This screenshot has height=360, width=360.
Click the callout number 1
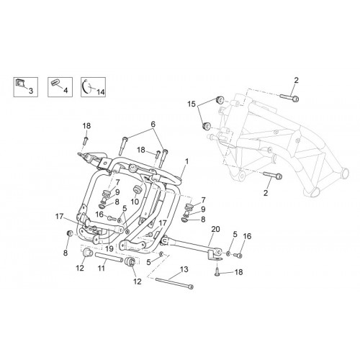click(x=186, y=162)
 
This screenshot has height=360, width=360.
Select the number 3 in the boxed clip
click(x=31, y=91)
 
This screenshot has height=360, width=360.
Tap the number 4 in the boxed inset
click(x=66, y=91)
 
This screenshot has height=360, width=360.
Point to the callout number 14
click(x=101, y=91)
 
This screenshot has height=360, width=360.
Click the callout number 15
click(x=192, y=104)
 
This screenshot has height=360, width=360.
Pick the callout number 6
click(x=153, y=124)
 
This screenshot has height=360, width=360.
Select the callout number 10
click(x=135, y=202)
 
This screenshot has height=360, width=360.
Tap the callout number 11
click(x=102, y=268)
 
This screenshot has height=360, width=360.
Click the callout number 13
click(x=184, y=269)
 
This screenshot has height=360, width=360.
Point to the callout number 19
click(x=109, y=249)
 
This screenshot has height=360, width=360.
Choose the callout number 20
click(x=215, y=229)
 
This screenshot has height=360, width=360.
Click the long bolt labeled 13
click(x=174, y=283)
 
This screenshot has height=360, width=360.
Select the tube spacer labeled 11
click(x=109, y=257)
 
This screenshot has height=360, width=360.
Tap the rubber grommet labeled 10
click(x=138, y=189)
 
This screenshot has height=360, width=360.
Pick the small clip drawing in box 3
click(x=19, y=84)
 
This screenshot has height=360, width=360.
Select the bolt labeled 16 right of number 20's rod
click(x=238, y=256)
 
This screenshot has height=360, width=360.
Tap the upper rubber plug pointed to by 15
click(x=220, y=99)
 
